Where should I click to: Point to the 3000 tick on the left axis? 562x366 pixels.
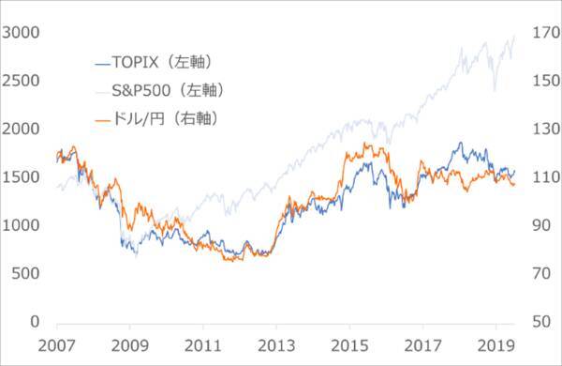[x=21, y=32]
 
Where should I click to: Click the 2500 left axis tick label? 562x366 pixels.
[x=21, y=81]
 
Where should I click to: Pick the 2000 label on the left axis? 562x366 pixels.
[x=21, y=129]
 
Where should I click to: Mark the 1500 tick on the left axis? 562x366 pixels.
[x=21, y=177]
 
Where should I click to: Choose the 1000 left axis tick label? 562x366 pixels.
[x=21, y=225]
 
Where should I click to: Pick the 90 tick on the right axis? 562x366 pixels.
[x=541, y=225]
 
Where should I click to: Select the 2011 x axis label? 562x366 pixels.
[x=201, y=347]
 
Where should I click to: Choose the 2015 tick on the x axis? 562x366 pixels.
[x=348, y=347]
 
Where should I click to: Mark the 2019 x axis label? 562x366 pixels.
[x=495, y=347]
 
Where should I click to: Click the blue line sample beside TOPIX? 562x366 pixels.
[x=103, y=64]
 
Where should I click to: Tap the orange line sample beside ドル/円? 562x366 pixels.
[x=103, y=120]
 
